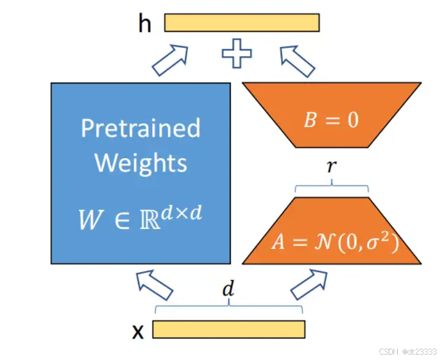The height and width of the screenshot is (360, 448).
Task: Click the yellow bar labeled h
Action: point(242,22)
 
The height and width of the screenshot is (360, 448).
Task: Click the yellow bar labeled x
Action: point(229,329)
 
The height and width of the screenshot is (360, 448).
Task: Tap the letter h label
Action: point(145,24)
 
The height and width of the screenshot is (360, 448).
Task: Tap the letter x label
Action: point(139,331)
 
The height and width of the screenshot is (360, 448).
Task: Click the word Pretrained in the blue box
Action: point(140,128)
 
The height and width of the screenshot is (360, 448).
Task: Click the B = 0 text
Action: point(331,119)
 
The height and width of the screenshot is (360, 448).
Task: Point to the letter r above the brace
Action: point(332,167)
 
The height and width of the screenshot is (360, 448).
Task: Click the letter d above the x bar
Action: point(229,290)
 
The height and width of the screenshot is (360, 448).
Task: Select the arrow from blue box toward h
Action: point(169,60)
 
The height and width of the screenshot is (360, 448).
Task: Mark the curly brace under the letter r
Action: point(332,187)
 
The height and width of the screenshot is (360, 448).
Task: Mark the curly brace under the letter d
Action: point(229,308)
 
